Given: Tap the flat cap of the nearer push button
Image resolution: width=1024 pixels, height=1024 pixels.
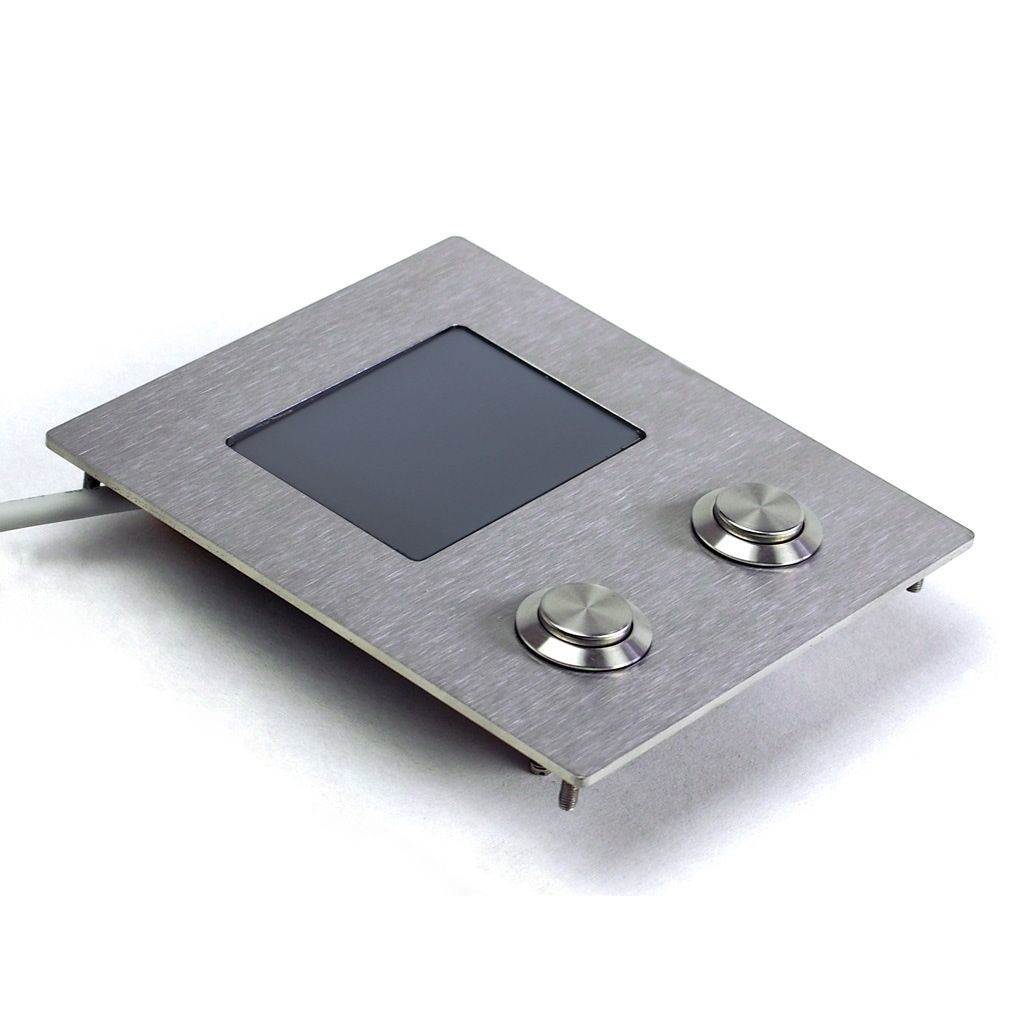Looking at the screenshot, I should tap(582, 611).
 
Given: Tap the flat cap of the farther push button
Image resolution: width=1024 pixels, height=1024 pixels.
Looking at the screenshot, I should tap(756, 510).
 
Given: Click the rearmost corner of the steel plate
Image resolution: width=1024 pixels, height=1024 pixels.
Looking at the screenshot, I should tap(456, 239).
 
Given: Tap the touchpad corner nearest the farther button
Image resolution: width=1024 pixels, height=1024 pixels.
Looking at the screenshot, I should tap(640, 434).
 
